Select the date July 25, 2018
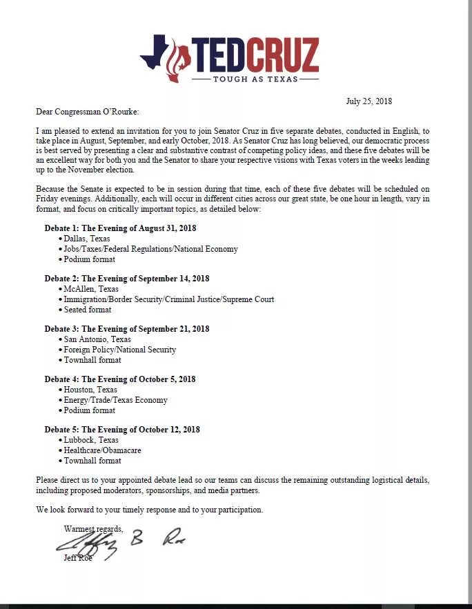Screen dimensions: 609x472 368,101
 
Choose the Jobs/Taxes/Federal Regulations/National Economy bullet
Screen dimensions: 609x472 150,249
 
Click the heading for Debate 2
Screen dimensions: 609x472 127,279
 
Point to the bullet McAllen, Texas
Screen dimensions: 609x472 90,289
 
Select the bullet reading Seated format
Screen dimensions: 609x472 87,310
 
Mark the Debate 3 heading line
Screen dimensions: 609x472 127,329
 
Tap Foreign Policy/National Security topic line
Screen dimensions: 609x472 119,350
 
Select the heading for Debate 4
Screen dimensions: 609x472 120,379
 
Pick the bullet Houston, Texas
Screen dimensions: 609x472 90,390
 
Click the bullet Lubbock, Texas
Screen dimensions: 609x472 90,440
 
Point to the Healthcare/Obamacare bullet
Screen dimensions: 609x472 102,450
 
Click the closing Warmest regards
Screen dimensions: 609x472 93,529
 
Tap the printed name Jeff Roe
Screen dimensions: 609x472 78,558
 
